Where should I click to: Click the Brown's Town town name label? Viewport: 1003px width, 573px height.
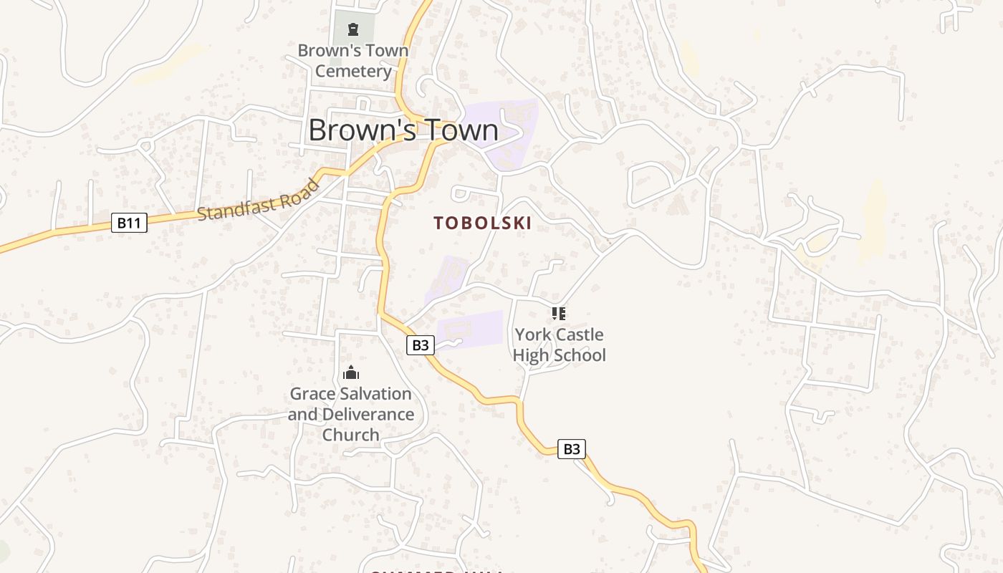tap(403, 130)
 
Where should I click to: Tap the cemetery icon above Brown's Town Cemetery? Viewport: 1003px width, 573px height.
tap(352, 29)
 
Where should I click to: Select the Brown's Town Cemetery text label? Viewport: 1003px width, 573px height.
tap(353, 61)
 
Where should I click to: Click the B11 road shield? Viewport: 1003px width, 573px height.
tap(129, 223)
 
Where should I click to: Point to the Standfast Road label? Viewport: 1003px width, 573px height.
tap(258, 201)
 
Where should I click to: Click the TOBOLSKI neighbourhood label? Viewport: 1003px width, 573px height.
tap(482, 223)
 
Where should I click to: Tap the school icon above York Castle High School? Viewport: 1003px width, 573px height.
tap(559, 313)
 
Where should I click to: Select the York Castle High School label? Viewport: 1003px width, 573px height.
tap(559, 345)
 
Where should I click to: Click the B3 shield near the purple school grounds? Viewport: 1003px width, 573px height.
tap(421, 345)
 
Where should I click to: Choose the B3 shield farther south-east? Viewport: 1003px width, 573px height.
tap(571, 449)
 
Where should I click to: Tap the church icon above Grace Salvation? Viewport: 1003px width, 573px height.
tap(351, 372)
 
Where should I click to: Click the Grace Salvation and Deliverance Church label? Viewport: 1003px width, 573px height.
tap(351, 414)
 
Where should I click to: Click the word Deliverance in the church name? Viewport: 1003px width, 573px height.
tap(368, 414)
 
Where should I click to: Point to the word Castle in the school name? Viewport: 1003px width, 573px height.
tap(580, 334)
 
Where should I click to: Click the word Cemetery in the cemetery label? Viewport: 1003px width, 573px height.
tap(353, 71)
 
